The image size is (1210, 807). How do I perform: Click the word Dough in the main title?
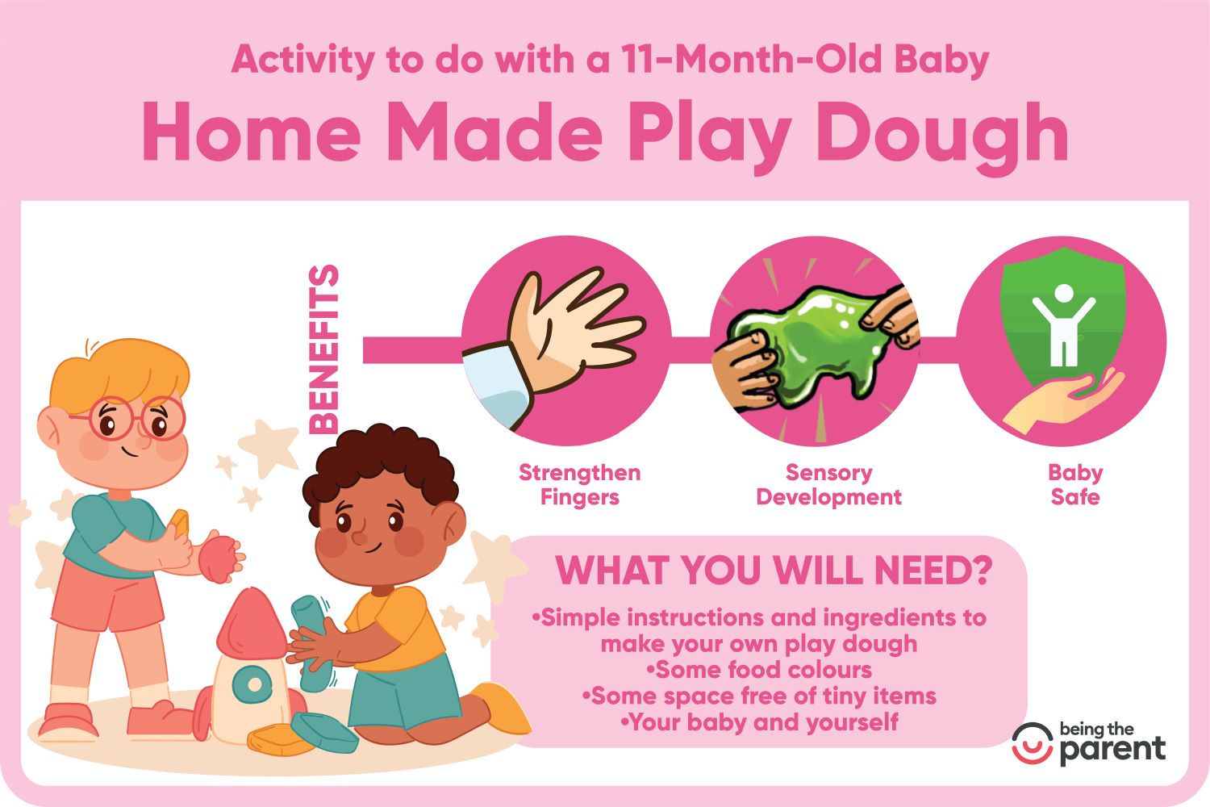click(x=941, y=137)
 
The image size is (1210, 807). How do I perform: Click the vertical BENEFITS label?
click(x=323, y=349)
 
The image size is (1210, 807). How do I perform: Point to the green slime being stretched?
click(x=810, y=346)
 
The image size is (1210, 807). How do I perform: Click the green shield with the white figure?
click(x=1063, y=318)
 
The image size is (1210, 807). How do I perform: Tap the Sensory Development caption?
click(x=828, y=484)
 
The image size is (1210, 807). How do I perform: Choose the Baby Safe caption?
click(x=1075, y=484)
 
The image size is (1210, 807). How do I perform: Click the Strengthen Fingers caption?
click(x=580, y=484)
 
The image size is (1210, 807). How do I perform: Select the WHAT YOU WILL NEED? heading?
click(x=774, y=571)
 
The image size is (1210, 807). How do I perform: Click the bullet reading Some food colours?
click(x=760, y=671)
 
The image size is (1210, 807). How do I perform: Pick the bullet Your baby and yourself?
click(x=760, y=722)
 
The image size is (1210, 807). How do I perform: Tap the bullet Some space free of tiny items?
click(x=760, y=696)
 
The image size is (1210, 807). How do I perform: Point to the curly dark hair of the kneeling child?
click(x=378, y=465)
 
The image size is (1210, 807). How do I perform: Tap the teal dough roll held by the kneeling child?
click(x=312, y=643)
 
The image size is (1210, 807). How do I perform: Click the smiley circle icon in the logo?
click(x=1033, y=744)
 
